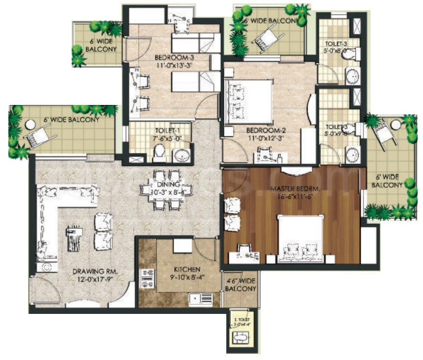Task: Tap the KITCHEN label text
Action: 187,270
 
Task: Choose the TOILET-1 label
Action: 166,131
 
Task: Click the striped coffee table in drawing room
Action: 74,238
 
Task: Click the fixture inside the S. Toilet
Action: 240,338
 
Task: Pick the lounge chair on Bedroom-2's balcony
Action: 267,35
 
